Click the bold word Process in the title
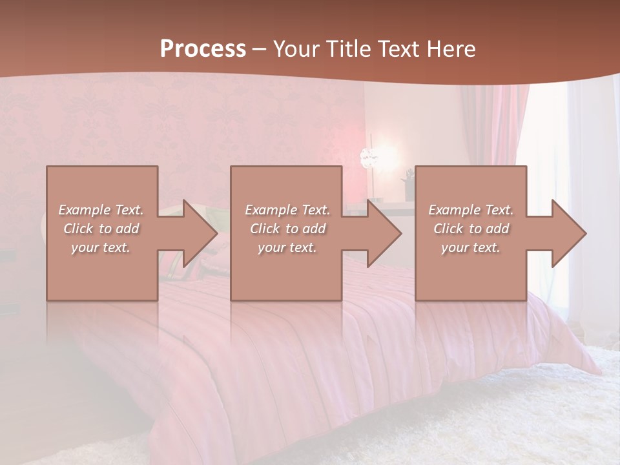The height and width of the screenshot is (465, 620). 203,49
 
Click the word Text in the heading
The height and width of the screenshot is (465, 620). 399,49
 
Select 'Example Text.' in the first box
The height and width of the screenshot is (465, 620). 101,210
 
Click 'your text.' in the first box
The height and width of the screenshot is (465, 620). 101,247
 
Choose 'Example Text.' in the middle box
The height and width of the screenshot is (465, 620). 287,210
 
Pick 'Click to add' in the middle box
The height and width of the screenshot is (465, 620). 287,229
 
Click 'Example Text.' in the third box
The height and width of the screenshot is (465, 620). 471,210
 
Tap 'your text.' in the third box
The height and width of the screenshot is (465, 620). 471,247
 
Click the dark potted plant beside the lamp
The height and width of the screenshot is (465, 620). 408,184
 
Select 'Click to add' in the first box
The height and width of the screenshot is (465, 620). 101,229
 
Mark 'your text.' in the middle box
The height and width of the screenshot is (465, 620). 287,247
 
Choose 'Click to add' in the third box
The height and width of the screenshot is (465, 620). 471,229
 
